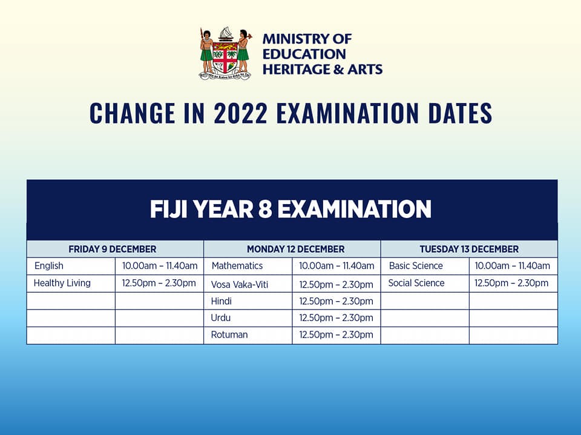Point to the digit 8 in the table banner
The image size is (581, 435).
[265, 209]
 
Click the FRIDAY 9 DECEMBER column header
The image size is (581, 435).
[113, 249]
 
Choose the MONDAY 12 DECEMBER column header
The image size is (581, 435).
[296, 249]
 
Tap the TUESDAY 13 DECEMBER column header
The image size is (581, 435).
[469, 249]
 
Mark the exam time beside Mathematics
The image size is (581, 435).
[336, 266]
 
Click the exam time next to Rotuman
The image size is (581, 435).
[336, 335]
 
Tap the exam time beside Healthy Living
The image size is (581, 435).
[159, 283]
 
